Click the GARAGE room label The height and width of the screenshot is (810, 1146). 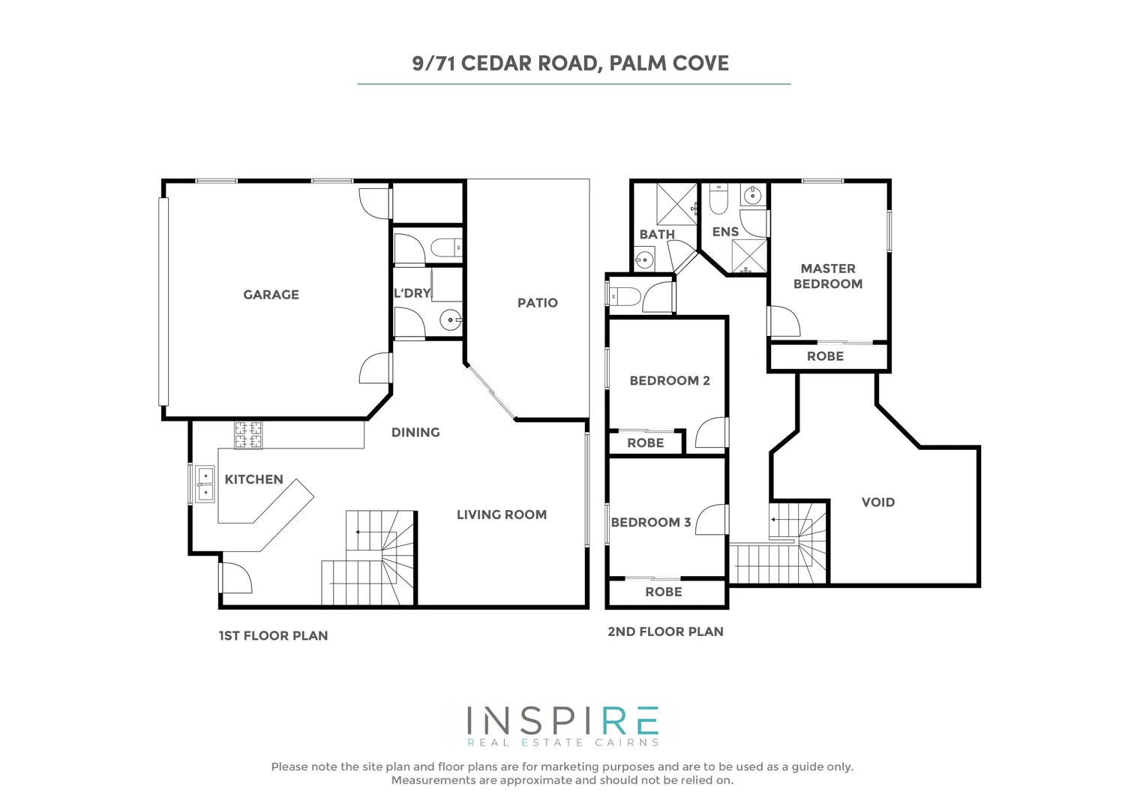tap(271, 295)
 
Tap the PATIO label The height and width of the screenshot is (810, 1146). tap(537, 303)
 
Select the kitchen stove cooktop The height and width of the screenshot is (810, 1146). tap(249, 435)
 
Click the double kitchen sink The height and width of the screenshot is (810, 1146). tap(205, 484)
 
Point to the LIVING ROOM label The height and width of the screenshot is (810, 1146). tap(501, 514)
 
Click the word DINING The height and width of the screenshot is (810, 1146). tap(415, 432)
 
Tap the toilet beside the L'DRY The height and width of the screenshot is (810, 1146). tap(448, 246)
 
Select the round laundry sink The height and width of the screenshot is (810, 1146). tap(451, 320)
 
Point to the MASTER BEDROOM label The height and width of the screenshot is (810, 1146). tap(827, 276)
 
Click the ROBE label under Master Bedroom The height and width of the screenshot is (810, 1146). tap(825, 356)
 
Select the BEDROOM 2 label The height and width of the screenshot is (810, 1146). tap(669, 380)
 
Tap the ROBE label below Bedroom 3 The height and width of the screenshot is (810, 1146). tap(663, 592)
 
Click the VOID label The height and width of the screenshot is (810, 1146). tap(877, 502)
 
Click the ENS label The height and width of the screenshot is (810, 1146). tap(725, 232)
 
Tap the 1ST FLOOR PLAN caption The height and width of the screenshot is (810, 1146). tap(273, 635)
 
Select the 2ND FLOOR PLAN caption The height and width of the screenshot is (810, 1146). tap(665, 631)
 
